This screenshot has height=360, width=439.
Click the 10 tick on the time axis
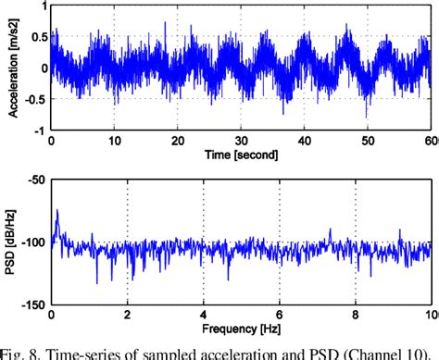click(x=114, y=140)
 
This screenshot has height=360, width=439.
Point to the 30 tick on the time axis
click(x=241, y=140)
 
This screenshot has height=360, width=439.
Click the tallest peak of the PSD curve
click(x=56, y=211)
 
